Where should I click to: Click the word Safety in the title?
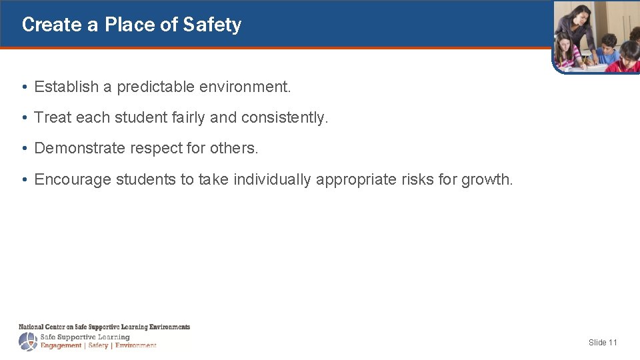click(212, 25)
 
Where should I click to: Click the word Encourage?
click(73, 179)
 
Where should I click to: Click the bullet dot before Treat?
click(23, 118)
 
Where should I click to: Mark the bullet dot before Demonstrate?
click(23, 149)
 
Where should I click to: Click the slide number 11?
click(613, 342)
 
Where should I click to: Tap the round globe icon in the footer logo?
click(28, 341)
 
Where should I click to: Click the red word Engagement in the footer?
click(61, 345)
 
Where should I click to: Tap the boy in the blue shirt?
click(607, 51)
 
